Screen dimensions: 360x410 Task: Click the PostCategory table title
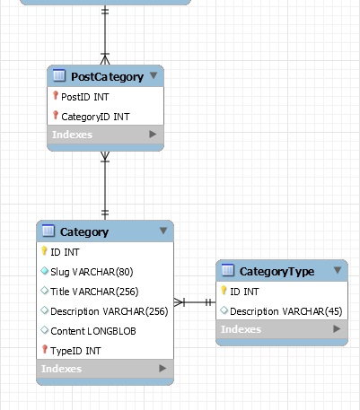click(107, 77)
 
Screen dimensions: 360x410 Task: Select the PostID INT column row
click(85, 97)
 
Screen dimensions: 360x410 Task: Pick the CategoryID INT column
click(95, 117)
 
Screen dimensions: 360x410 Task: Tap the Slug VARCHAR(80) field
click(92, 272)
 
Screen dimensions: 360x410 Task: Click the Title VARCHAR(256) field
click(94, 292)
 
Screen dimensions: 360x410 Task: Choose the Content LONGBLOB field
click(93, 331)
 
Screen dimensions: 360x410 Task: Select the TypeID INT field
click(75, 351)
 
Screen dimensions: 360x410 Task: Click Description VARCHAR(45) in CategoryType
click(286, 311)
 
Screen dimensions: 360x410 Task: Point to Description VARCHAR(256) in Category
click(110, 311)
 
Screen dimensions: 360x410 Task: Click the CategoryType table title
click(277, 272)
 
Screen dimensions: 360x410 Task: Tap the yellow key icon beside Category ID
click(44, 250)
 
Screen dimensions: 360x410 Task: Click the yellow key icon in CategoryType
click(224, 290)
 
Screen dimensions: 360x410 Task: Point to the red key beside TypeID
click(45, 349)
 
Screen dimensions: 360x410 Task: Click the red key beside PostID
click(56, 95)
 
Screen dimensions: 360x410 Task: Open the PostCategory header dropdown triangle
click(154, 75)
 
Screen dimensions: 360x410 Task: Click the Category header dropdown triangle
click(163, 231)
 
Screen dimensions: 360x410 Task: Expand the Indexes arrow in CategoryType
click(337, 329)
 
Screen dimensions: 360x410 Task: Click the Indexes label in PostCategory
click(72, 135)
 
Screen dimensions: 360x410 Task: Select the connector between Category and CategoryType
click(195, 302)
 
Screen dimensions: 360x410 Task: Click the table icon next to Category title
click(48, 231)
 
